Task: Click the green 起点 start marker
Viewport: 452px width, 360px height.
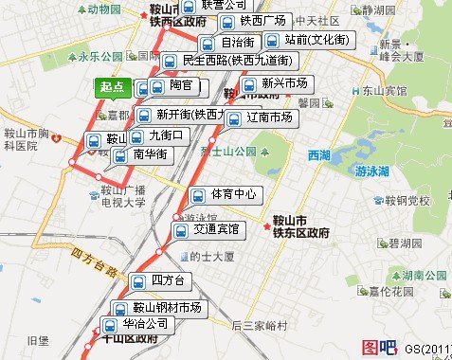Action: coord(113,87)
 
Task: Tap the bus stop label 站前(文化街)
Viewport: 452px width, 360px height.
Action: coord(309,41)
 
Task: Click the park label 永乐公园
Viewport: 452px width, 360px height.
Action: coord(103,56)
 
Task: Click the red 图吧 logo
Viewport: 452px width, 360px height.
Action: coord(379,348)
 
